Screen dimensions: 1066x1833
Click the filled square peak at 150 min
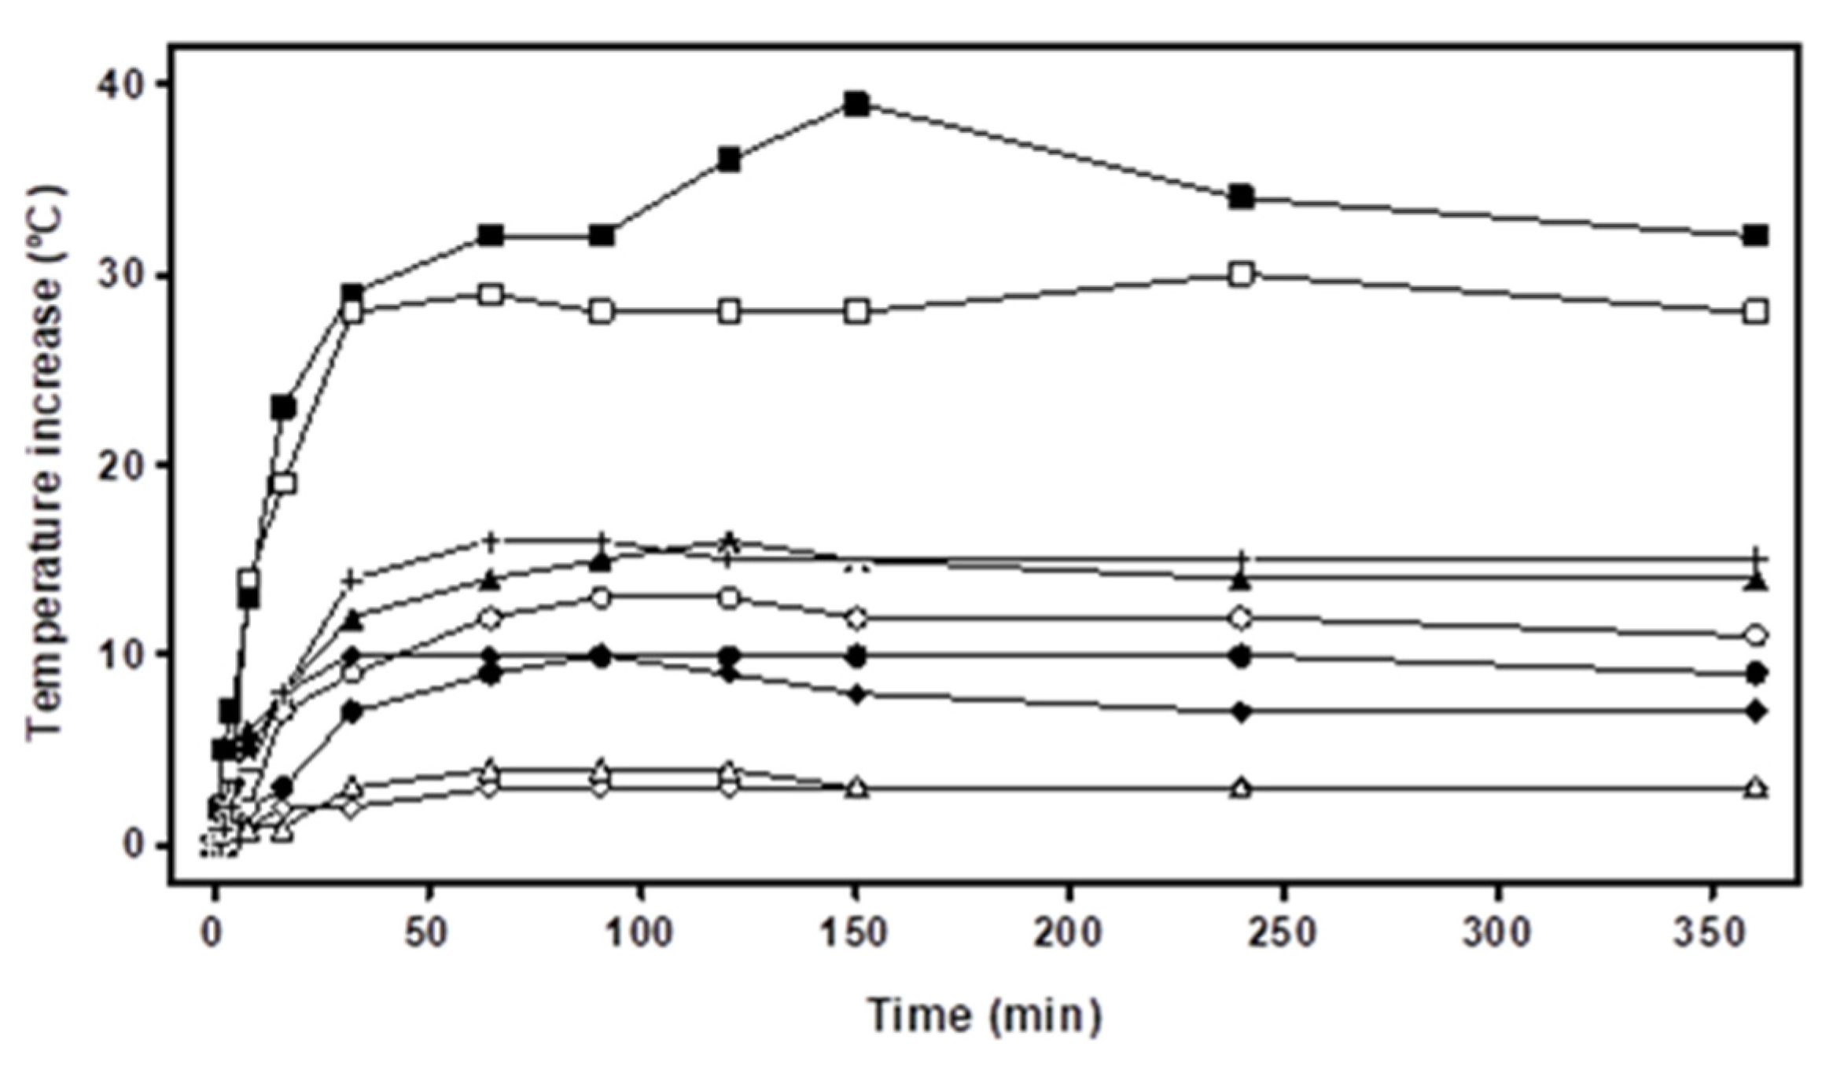(x=857, y=104)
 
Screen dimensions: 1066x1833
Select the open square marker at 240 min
(x=1241, y=275)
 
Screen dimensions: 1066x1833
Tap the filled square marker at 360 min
(x=1755, y=235)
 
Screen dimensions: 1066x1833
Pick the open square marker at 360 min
(x=1755, y=312)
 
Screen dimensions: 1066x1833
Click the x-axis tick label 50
(x=428, y=933)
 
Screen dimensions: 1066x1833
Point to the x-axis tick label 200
(x=1069, y=933)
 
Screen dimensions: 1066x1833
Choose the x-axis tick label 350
(x=1712, y=933)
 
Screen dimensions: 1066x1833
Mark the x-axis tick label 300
(x=1498, y=933)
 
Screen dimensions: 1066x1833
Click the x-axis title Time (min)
(x=985, y=1014)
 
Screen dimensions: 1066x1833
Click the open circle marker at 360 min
(x=1755, y=635)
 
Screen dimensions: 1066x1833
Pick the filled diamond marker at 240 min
(x=1241, y=712)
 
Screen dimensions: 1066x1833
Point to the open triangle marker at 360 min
(x=1755, y=787)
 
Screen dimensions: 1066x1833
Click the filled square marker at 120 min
(x=729, y=160)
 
